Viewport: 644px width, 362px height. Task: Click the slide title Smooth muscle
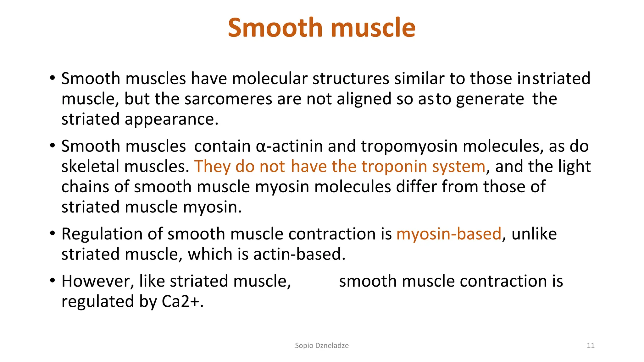pyautogui.click(x=321, y=28)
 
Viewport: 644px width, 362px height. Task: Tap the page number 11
pyautogui.click(x=591, y=346)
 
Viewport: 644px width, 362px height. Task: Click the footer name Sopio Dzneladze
pyautogui.click(x=321, y=346)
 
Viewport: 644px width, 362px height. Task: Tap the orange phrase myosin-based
pyautogui.click(x=448, y=234)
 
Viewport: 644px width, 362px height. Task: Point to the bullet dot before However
pyautogui.click(x=53, y=280)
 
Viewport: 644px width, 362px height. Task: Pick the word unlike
pyautogui.click(x=534, y=234)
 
